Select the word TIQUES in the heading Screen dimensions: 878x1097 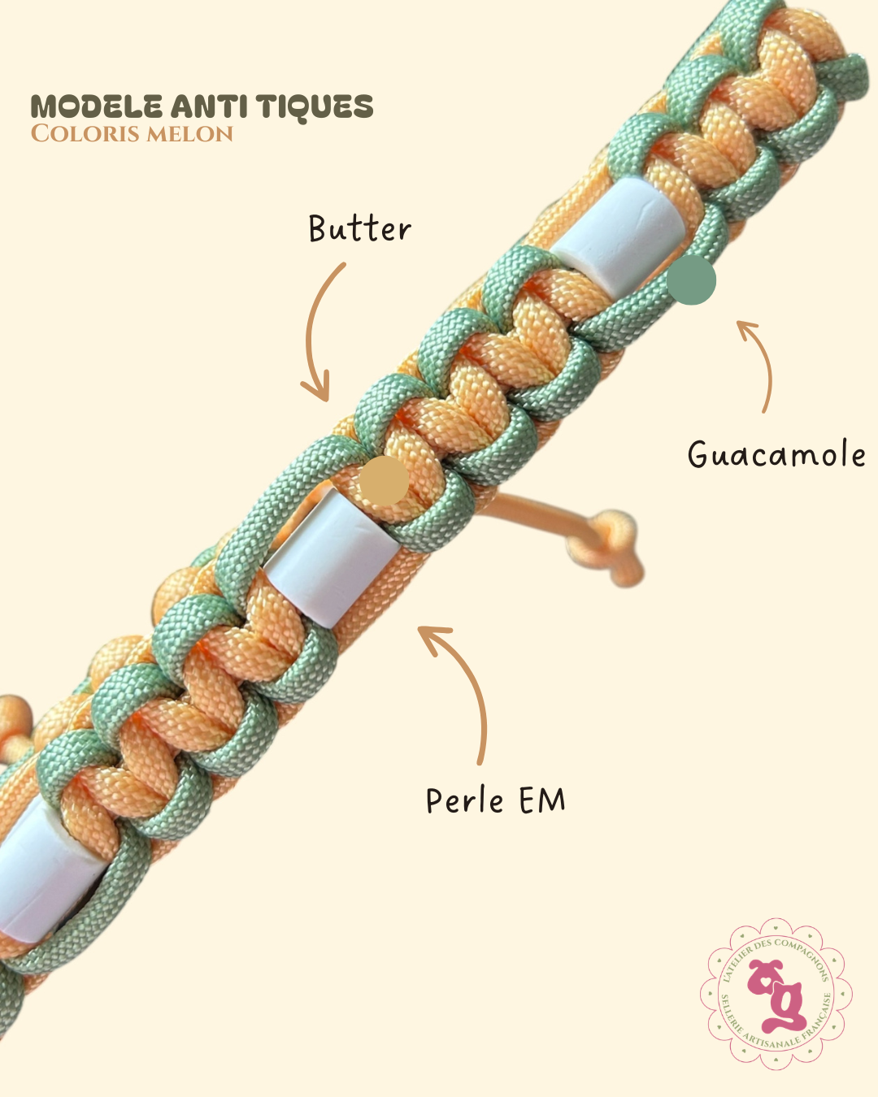(x=315, y=107)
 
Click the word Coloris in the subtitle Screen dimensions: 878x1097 (x=85, y=133)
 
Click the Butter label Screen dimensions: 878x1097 (x=359, y=228)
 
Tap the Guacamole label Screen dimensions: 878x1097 (x=776, y=453)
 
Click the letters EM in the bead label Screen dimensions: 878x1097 (x=542, y=800)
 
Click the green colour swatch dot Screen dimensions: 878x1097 (x=691, y=280)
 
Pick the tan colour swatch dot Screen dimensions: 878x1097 (x=385, y=481)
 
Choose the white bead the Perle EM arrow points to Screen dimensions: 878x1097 (x=332, y=557)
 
